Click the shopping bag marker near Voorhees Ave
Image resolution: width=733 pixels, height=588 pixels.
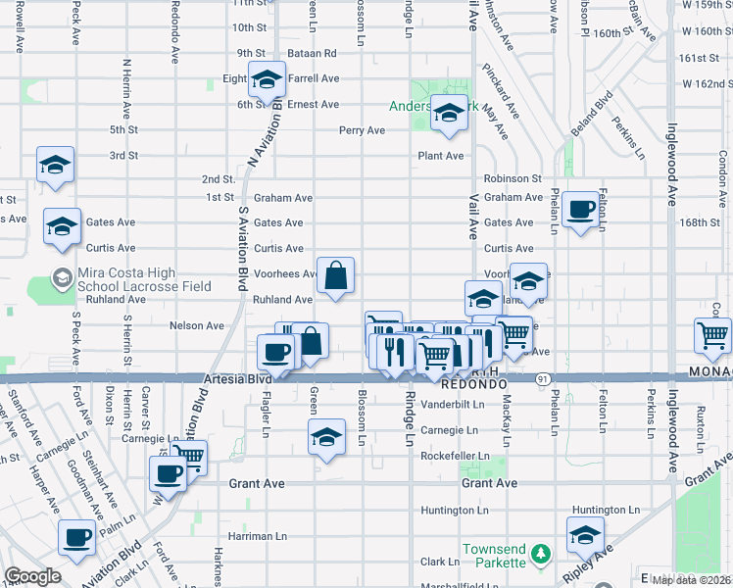point(335,277)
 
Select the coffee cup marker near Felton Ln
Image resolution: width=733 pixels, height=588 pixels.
point(580,210)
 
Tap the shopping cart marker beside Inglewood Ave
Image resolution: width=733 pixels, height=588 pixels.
point(712,335)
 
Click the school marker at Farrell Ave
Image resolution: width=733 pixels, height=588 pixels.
point(267,80)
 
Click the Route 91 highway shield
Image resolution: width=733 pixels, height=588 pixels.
point(542,378)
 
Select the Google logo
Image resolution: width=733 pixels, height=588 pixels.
point(32,577)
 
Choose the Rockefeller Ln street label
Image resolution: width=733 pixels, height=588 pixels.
point(455,457)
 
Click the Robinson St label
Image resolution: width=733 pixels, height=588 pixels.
point(513,178)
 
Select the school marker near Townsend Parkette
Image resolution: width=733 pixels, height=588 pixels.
point(585,535)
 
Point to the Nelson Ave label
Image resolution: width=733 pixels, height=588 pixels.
point(197,324)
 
